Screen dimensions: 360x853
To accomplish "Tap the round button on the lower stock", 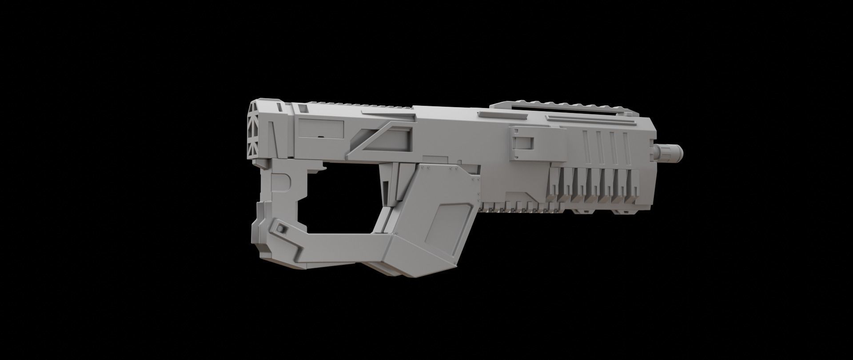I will pyautogui.click(x=281, y=228).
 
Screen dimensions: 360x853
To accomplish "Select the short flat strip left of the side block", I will pyautogui.click(x=490, y=115).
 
